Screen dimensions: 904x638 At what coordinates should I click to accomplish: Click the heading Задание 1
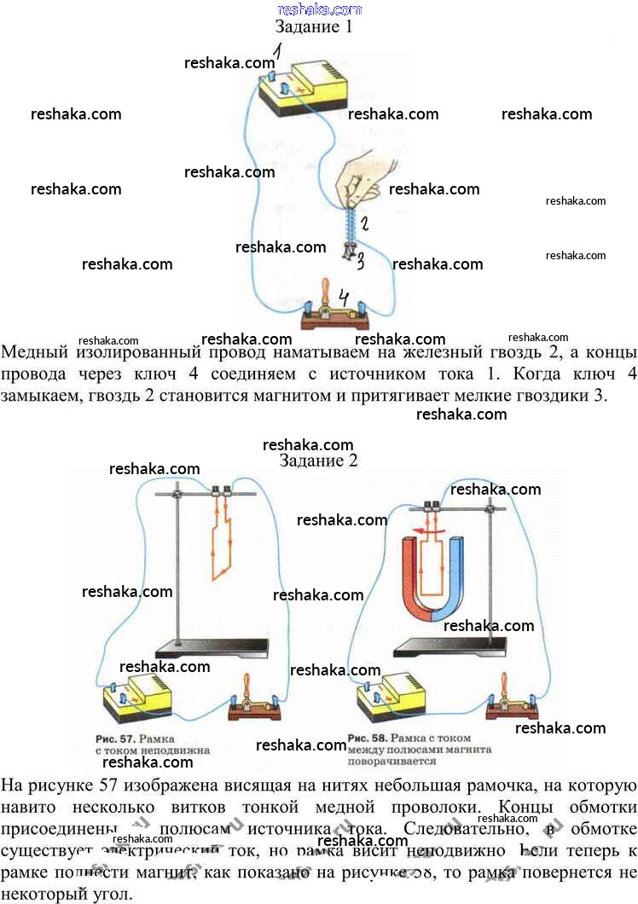(313, 26)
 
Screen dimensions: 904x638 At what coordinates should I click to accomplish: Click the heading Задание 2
(318, 461)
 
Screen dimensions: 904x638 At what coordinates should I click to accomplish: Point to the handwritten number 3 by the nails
(361, 261)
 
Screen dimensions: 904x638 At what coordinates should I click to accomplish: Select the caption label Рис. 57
(114, 736)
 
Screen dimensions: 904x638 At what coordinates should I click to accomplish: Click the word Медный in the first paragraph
(33, 351)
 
